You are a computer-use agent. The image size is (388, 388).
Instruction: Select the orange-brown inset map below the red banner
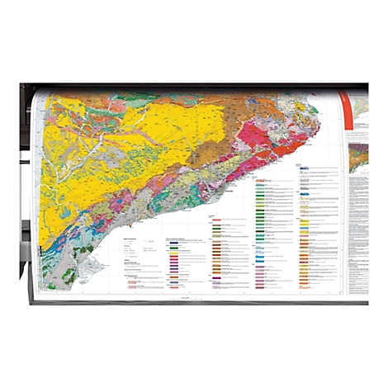(357, 156)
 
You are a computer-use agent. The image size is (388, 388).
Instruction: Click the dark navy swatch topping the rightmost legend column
(305, 171)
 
